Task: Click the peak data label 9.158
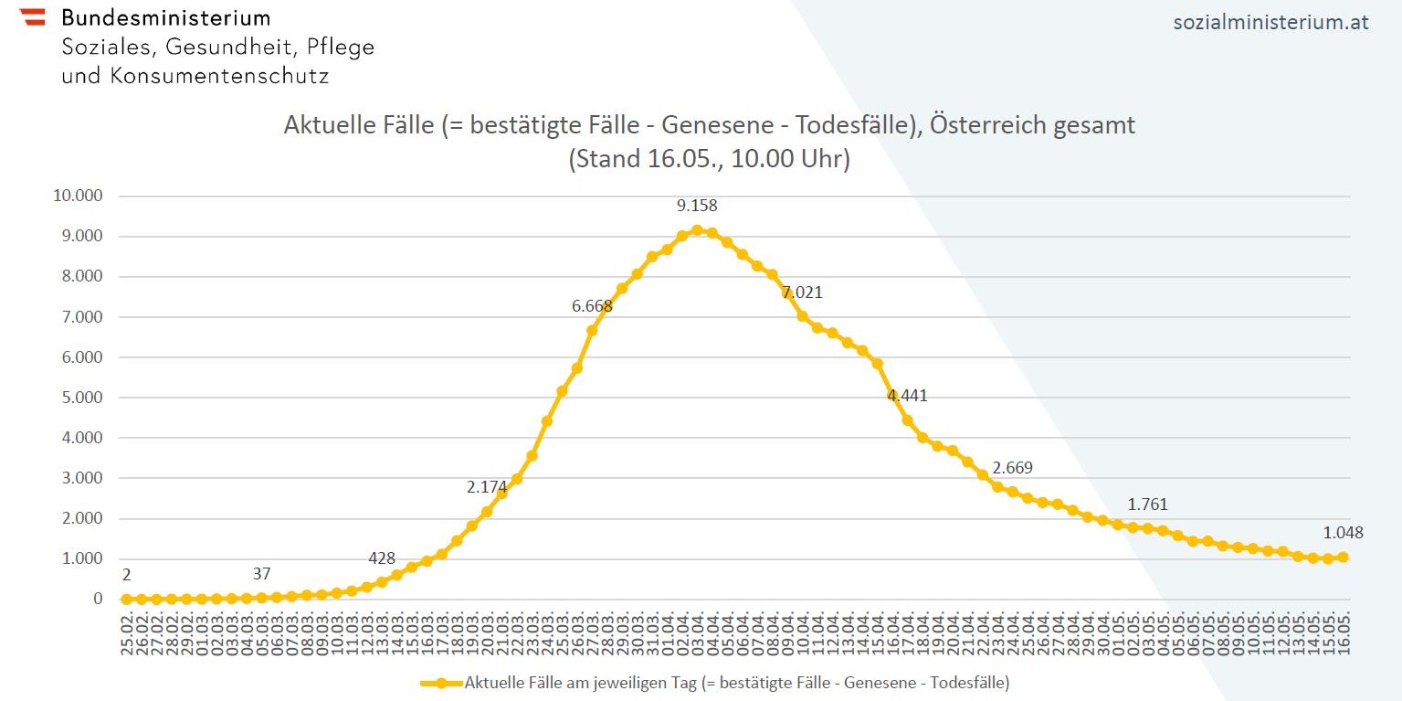coord(697,206)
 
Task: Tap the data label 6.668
coord(592,306)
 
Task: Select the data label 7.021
coord(802,292)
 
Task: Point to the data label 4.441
coord(907,396)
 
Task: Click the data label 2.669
coord(1012,468)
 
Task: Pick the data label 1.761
coord(1147,505)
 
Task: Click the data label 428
coord(382,558)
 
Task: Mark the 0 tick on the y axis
coord(98,599)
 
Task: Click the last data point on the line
coord(1343,558)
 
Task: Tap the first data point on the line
coord(126,599)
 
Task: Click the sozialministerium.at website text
coord(1270,23)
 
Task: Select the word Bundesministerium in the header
coord(165,17)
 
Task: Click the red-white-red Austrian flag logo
coord(32,16)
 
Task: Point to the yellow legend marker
coord(441,682)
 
